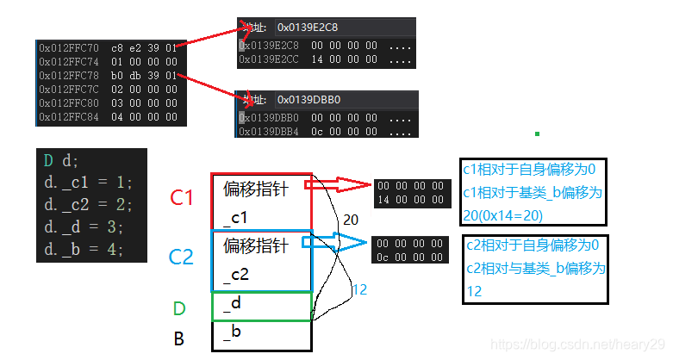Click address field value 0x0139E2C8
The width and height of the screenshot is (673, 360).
tap(308, 27)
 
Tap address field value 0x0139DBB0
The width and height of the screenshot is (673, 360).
tap(308, 100)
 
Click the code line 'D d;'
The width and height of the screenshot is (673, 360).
tap(64, 160)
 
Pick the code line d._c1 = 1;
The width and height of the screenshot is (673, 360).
tap(84, 183)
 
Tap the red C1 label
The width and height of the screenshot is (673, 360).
tap(182, 198)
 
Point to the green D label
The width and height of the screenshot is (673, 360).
tap(180, 307)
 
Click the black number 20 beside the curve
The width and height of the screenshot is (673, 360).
tap(350, 220)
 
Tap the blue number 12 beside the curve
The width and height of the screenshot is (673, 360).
tap(359, 290)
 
